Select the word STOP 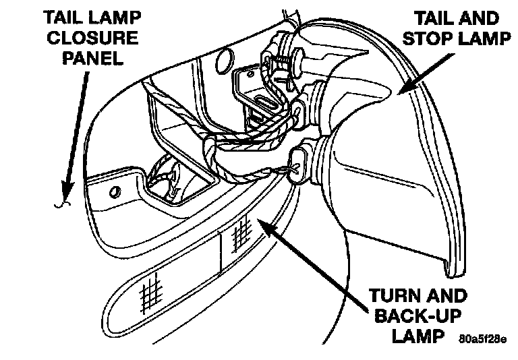pos(432,38)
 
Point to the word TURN pos(394,296)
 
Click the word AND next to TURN pos(446,296)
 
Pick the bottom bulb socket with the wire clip pos(301,162)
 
